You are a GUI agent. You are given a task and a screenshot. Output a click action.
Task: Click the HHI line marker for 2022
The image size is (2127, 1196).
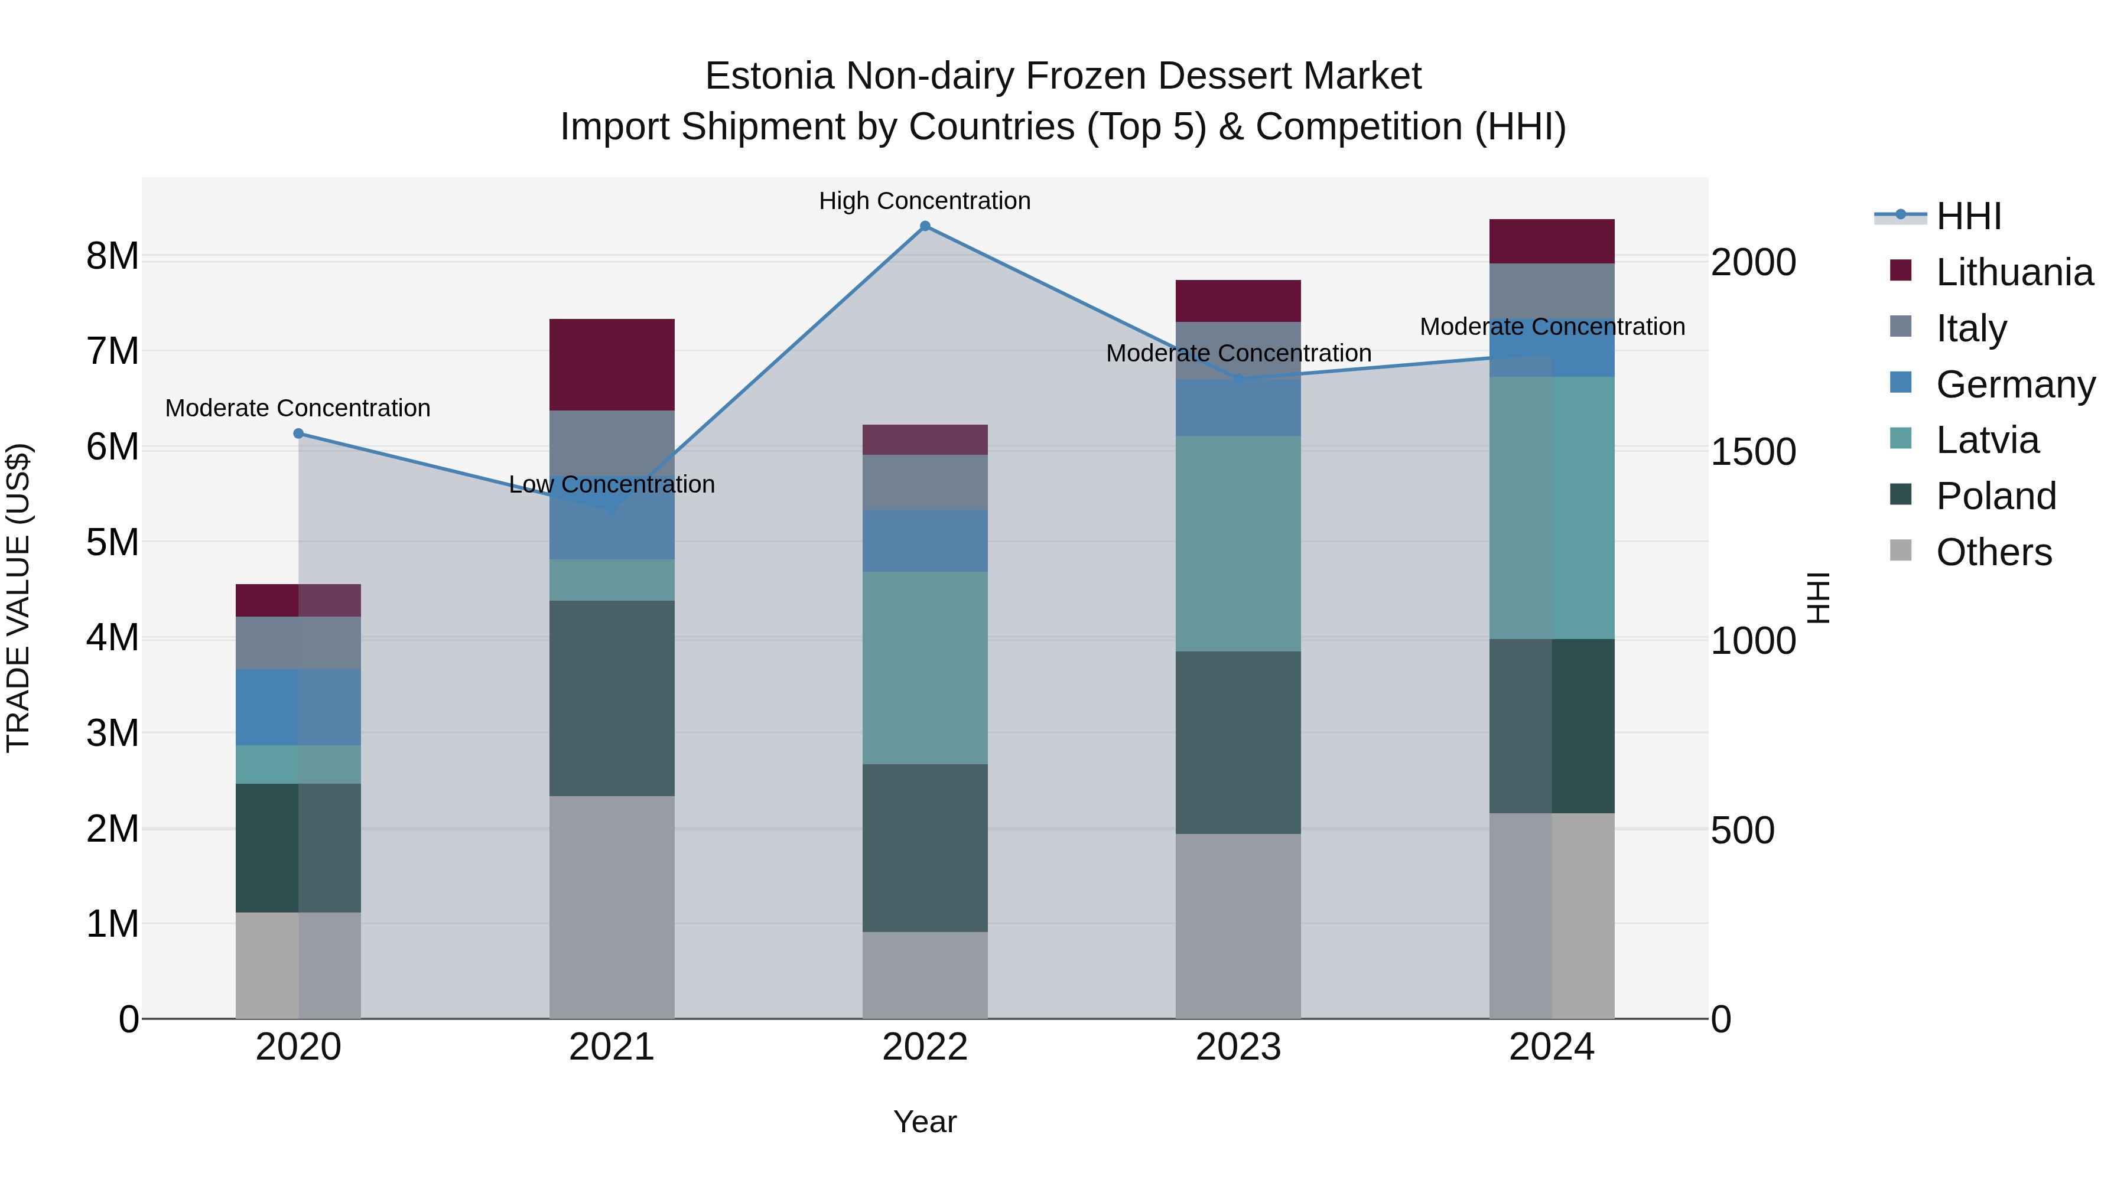coord(925,226)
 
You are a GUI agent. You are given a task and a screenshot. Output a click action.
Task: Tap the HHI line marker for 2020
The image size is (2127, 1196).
coord(299,434)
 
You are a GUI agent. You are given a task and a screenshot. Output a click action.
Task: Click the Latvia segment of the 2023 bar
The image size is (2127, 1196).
coord(1238,543)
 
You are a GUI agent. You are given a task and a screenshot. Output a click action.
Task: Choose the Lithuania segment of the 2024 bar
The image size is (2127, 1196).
coord(1552,241)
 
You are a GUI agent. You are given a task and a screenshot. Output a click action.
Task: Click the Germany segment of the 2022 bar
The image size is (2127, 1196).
coord(925,540)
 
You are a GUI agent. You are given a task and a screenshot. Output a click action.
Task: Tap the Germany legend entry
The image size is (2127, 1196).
coord(2015,384)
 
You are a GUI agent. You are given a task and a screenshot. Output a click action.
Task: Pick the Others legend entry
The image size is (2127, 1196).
coord(1993,552)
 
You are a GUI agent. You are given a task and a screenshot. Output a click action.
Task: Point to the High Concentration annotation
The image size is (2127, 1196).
coord(925,201)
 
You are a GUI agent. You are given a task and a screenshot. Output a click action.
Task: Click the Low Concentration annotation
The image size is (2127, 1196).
coord(612,484)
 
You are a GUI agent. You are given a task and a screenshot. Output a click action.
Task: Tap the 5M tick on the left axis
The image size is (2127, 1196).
coord(112,542)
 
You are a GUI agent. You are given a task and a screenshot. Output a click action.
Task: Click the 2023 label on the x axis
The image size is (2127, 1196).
coord(1238,1047)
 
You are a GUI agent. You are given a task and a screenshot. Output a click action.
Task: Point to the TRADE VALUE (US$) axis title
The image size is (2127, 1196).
coord(19,598)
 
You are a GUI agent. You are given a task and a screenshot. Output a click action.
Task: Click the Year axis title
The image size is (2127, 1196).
coord(925,1122)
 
